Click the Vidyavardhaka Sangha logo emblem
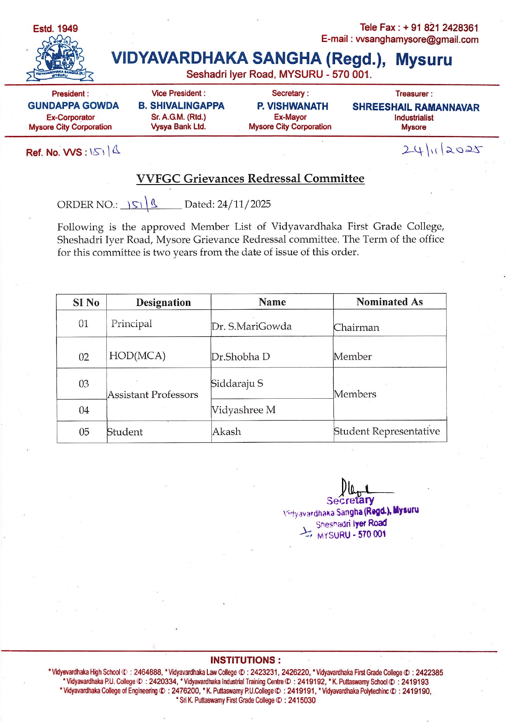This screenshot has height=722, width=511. [60, 58]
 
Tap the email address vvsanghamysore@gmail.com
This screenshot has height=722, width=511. [417, 40]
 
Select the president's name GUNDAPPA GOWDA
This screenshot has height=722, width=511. [73, 106]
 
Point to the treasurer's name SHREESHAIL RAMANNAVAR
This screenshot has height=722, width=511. [415, 107]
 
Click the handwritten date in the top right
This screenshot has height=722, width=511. [441, 150]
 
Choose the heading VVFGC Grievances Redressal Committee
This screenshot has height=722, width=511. [250, 178]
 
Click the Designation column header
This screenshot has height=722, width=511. [163, 303]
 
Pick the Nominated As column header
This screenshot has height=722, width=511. [389, 302]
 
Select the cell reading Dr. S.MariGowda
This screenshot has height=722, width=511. [251, 326]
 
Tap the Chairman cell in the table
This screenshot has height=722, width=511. [356, 327]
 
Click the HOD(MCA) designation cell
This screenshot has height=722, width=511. [137, 355]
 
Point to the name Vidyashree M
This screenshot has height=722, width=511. [243, 410]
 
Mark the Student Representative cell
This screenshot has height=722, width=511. [387, 431]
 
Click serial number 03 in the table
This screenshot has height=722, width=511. [84, 384]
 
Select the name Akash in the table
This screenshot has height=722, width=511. [227, 432]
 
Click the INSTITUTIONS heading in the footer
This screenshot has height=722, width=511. [246, 660]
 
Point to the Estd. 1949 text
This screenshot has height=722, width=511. [55, 29]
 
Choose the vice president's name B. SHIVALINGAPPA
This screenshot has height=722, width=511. [181, 106]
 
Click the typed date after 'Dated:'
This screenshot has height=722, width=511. [244, 204]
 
